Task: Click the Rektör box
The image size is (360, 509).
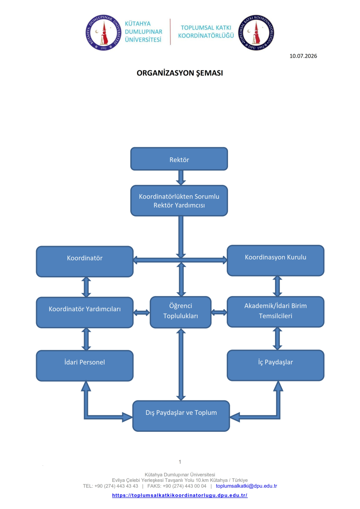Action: pyautogui.click(x=179, y=159)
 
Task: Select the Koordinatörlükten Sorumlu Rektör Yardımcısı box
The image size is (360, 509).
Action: pyautogui.click(x=179, y=201)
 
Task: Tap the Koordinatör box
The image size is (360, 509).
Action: pyautogui.click(x=84, y=262)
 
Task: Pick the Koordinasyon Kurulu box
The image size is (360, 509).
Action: pyautogui.click(x=276, y=260)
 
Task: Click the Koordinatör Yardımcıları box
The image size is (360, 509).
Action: pyautogui.click(x=84, y=313)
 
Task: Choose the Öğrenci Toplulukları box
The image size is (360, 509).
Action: pyautogui.click(x=180, y=312)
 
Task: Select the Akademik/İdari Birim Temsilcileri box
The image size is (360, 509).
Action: pyautogui.click(x=276, y=312)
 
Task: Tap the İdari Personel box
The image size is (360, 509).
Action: pyautogui.click(x=84, y=366)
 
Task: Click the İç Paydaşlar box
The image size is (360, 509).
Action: pyautogui.click(x=276, y=365)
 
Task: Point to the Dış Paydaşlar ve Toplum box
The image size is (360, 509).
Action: pyautogui.click(x=181, y=416)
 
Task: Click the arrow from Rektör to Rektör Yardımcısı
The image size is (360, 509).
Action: pyautogui.click(x=181, y=178)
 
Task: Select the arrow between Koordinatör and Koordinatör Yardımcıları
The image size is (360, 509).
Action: pyautogui.click(x=86, y=287)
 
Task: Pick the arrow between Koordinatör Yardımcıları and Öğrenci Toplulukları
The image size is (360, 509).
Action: pyautogui.click(x=141, y=313)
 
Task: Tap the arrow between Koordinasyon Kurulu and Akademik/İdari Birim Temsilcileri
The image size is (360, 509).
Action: pyautogui.click(x=278, y=286)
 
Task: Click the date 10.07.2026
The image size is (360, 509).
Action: pyautogui.click(x=303, y=56)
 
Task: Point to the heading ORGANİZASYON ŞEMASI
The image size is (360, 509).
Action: pyautogui.click(x=180, y=73)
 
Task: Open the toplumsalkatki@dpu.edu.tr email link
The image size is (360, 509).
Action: pyautogui.click(x=246, y=486)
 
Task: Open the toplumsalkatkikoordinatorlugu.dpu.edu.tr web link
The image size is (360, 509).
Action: pyautogui.click(x=180, y=495)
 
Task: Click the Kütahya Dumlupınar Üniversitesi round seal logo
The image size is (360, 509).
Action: pyautogui.click(x=104, y=33)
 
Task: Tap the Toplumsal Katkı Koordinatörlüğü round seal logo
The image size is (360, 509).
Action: pyautogui.click(x=256, y=33)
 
